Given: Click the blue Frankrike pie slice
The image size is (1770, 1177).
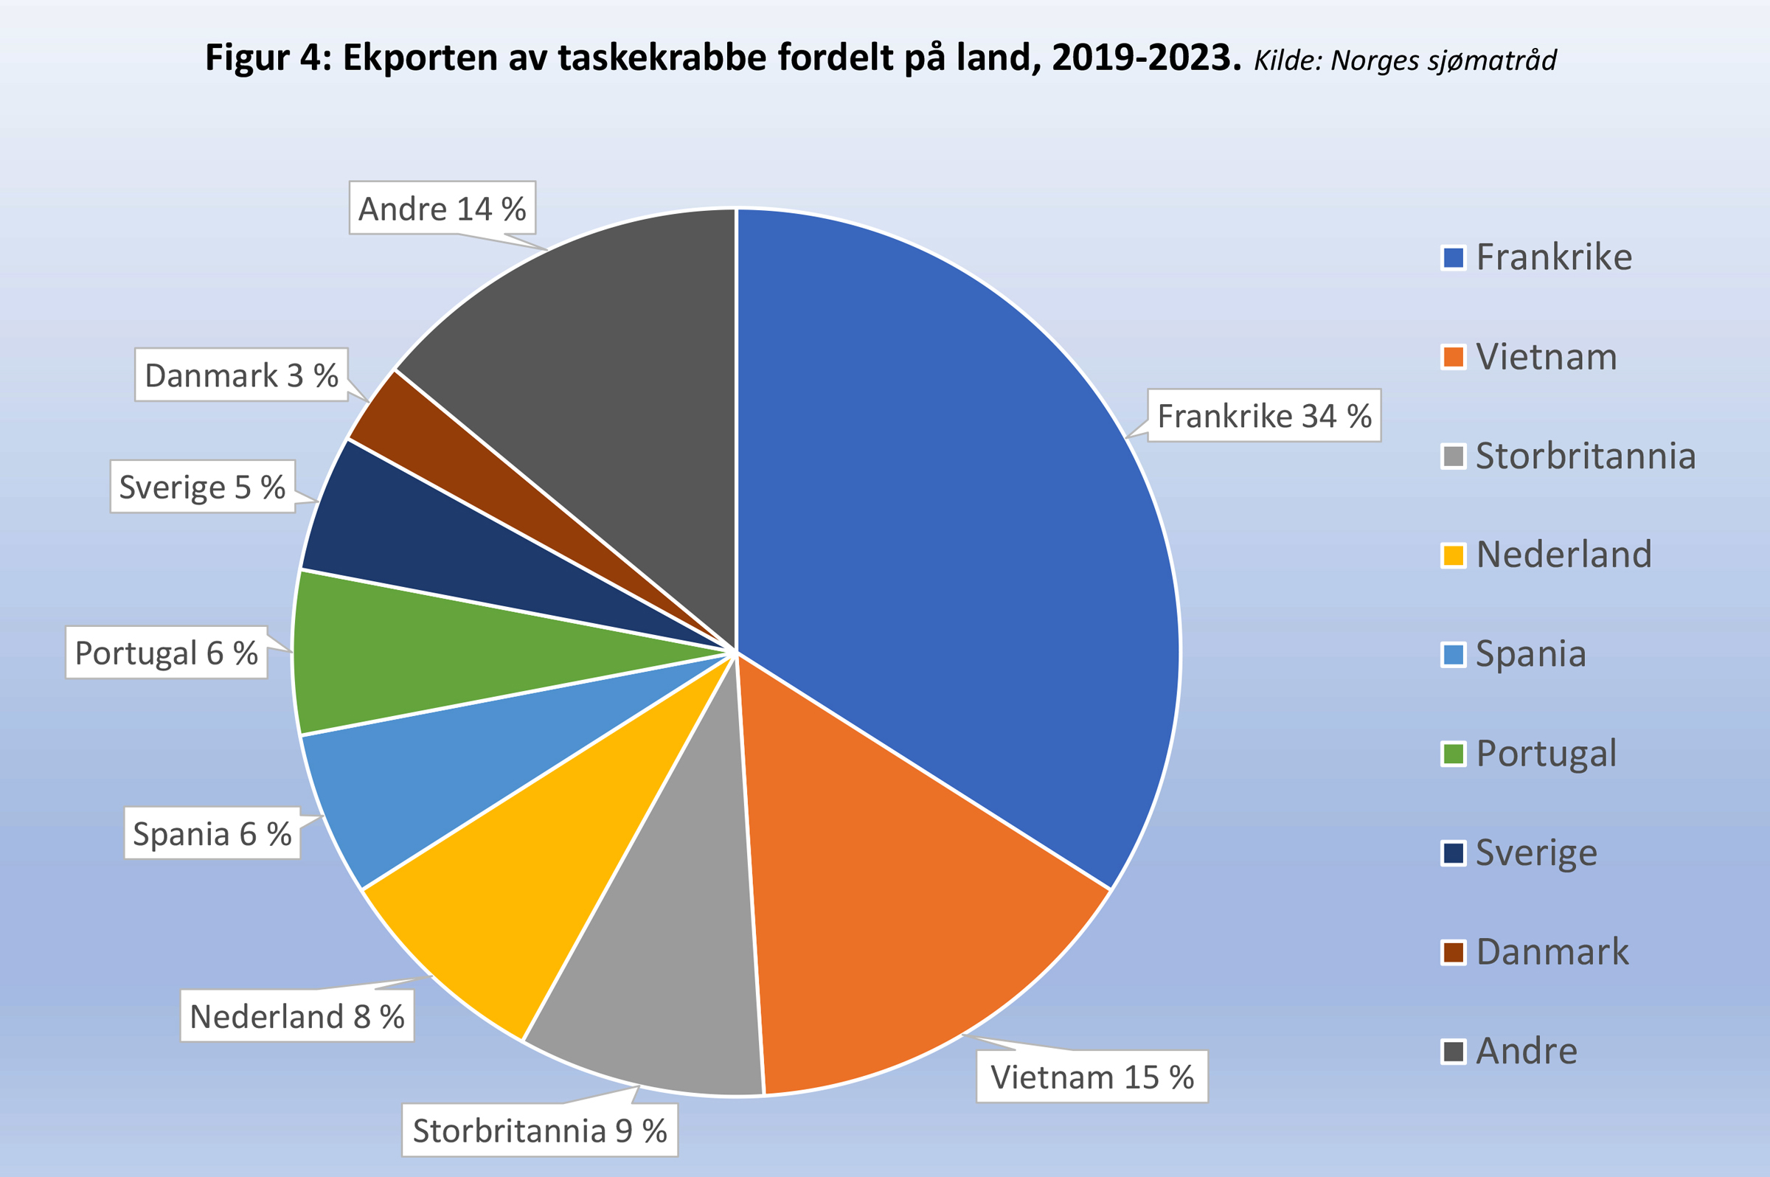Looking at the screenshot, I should click(x=954, y=525).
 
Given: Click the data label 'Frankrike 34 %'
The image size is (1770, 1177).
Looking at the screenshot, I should click(x=1264, y=416).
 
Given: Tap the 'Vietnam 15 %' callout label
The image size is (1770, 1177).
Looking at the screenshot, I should click(x=1091, y=1077).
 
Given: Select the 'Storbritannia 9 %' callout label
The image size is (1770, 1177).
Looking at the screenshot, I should click(x=540, y=1131).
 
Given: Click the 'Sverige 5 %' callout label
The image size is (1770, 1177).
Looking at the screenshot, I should click(x=203, y=487).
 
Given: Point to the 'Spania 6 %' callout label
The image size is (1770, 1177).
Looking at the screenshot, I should click(x=212, y=833).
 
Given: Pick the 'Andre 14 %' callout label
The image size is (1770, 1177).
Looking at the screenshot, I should click(x=442, y=209).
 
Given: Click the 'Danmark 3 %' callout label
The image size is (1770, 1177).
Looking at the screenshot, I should click(x=241, y=375).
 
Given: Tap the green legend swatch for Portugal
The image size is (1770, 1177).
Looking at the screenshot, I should click(x=1453, y=754).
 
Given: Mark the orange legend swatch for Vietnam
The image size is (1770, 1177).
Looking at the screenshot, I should click(x=1453, y=356).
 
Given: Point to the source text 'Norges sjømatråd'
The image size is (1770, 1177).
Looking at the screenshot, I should click(x=1443, y=60).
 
